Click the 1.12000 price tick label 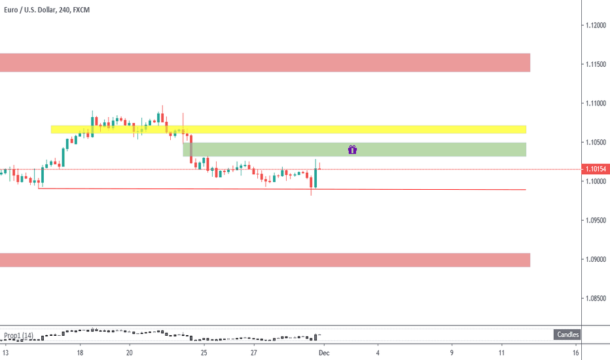pos(595,26)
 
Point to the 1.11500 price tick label pos(595,64)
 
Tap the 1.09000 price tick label pos(595,259)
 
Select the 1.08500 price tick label pos(595,298)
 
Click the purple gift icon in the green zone pos(352,149)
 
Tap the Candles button pos(567,335)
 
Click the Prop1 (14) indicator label pos(18,336)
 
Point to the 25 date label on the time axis pos(204,352)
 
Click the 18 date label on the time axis pos(80,352)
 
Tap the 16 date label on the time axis pos(575,352)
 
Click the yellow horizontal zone pos(288,129)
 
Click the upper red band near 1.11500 pos(264,63)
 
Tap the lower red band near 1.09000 pos(264,260)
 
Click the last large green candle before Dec pos(316,178)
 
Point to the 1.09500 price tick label pos(595,221)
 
